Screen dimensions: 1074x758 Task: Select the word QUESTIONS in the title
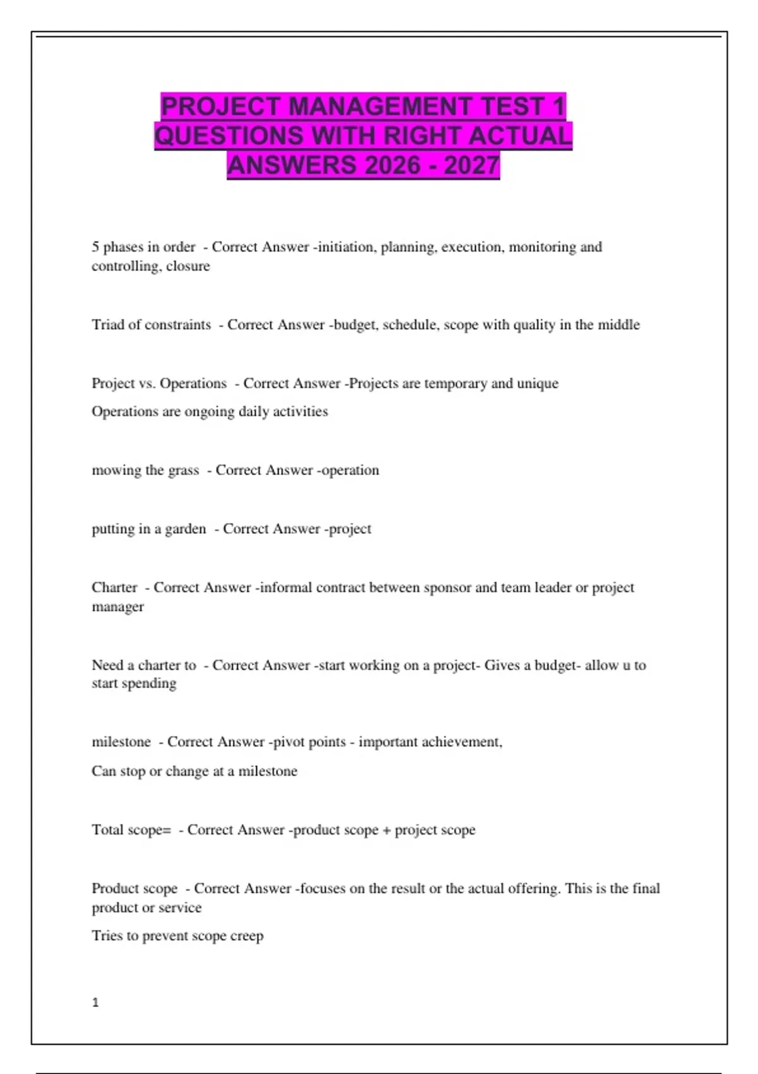(229, 136)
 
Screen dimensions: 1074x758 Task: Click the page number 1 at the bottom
(95, 1003)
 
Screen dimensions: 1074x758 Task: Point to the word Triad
(108, 325)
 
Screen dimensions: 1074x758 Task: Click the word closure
(188, 266)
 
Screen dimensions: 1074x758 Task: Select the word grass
(183, 470)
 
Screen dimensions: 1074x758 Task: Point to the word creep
(246, 936)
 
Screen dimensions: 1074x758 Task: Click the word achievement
(461, 742)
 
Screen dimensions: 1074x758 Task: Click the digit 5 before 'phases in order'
(95, 247)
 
